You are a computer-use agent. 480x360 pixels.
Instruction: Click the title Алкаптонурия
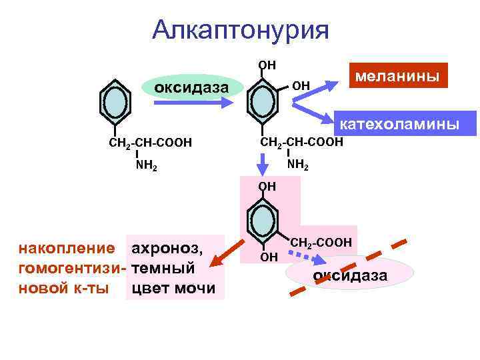[x=241, y=30]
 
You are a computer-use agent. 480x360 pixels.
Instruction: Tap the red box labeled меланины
[x=397, y=76]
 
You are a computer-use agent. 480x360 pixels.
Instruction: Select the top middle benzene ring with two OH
[x=265, y=101]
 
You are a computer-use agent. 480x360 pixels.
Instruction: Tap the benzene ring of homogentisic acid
[x=265, y=220]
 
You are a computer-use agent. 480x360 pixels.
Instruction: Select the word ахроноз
[x=167, y=249]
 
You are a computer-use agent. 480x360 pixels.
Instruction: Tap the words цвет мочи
[x=173, y=288]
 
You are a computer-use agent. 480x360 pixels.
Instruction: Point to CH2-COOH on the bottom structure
[x=321, y=243]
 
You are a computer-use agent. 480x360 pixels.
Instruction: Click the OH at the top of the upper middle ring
[x=267, y=65]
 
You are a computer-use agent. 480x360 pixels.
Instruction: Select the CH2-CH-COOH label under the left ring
[x=150, y=143]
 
